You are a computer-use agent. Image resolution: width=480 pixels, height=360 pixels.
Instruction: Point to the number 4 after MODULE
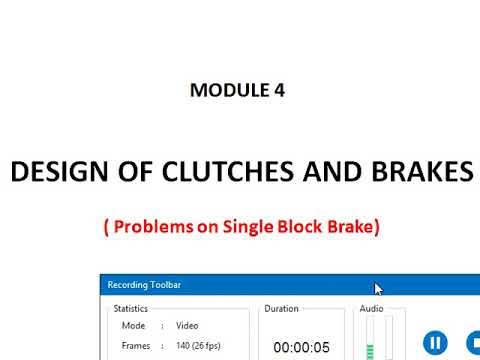(x=278, y=90)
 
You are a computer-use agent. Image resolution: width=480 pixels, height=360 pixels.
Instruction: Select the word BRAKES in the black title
(x=422, y=172)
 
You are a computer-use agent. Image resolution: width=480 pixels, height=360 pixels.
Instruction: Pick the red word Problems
(x=152, y=227)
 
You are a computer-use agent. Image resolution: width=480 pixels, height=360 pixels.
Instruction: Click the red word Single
(x=246, y=227)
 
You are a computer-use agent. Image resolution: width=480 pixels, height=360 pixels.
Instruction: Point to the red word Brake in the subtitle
(x=350, y=227)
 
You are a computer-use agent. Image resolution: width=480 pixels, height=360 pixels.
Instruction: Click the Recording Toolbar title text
(x=144, y=286)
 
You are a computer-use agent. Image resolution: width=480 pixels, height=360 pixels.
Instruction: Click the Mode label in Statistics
(x=133, y=326)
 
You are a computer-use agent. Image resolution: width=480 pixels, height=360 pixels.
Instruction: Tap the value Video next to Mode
(x=187, y=326)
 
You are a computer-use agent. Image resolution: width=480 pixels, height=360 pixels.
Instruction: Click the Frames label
(x=136, y=345)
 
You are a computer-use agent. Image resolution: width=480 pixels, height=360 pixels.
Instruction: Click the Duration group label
(x=281, y=309)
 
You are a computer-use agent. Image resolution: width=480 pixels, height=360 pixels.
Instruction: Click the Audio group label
(x=371, y=309)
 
